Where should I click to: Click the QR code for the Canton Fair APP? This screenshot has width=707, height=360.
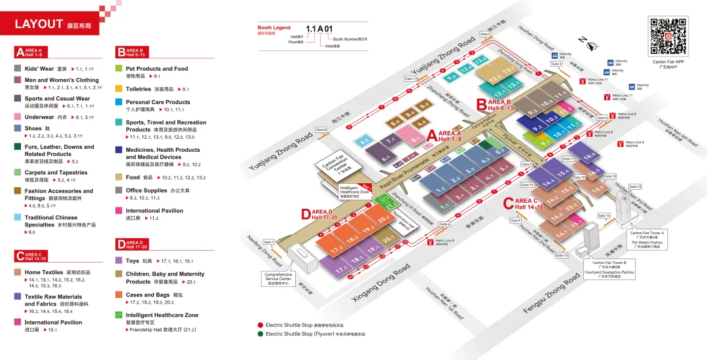(668, 37)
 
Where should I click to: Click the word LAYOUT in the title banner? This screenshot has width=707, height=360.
(39, 24)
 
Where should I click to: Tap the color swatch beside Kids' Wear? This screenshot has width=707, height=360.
(18, 68)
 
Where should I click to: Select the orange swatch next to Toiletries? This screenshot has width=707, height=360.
(119, 88)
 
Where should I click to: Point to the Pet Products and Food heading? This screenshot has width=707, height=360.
(156, 68)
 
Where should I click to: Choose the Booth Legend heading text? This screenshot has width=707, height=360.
(274, 28)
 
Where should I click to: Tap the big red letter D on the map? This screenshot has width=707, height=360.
(306, 214)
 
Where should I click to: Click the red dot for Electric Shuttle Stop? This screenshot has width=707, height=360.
(260, 325)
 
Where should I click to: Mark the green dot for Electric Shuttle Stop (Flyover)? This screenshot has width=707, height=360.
(260, 334)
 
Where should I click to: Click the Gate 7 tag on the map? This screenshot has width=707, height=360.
(269, 242)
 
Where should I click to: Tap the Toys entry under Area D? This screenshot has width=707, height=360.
(133, 261)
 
